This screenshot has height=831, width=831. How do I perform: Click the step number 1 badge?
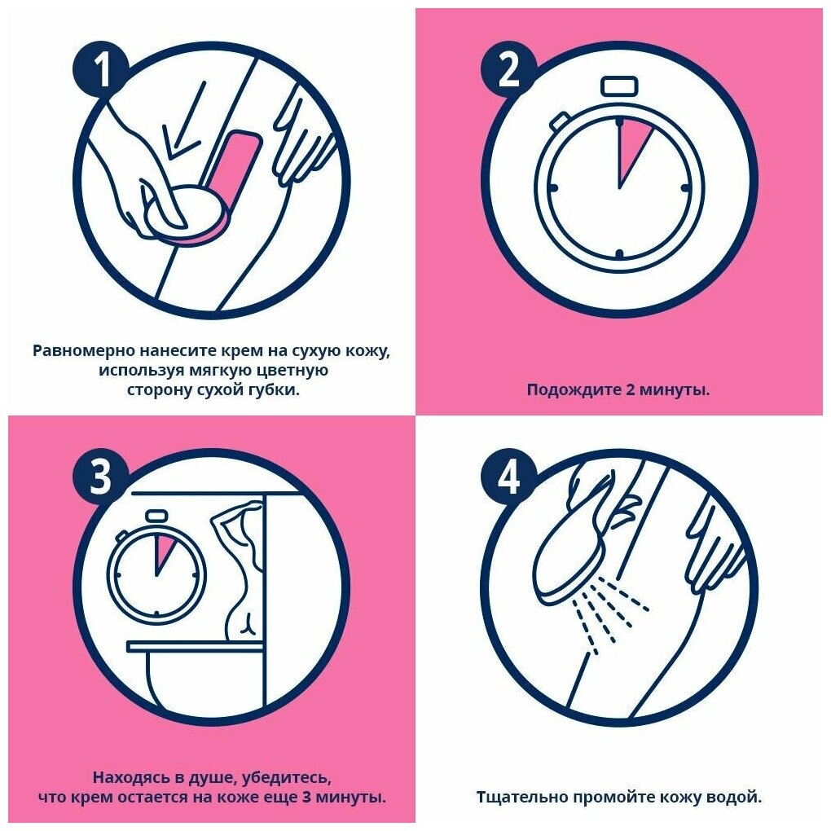click(x=101, y=69)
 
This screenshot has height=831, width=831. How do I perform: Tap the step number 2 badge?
click(x=509, y=69)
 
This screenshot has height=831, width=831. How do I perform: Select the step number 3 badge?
click(x=101, y=477)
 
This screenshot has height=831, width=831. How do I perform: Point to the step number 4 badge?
click(x=509, y=477)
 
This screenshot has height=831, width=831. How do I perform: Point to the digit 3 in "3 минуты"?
click(x=306, y=797)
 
